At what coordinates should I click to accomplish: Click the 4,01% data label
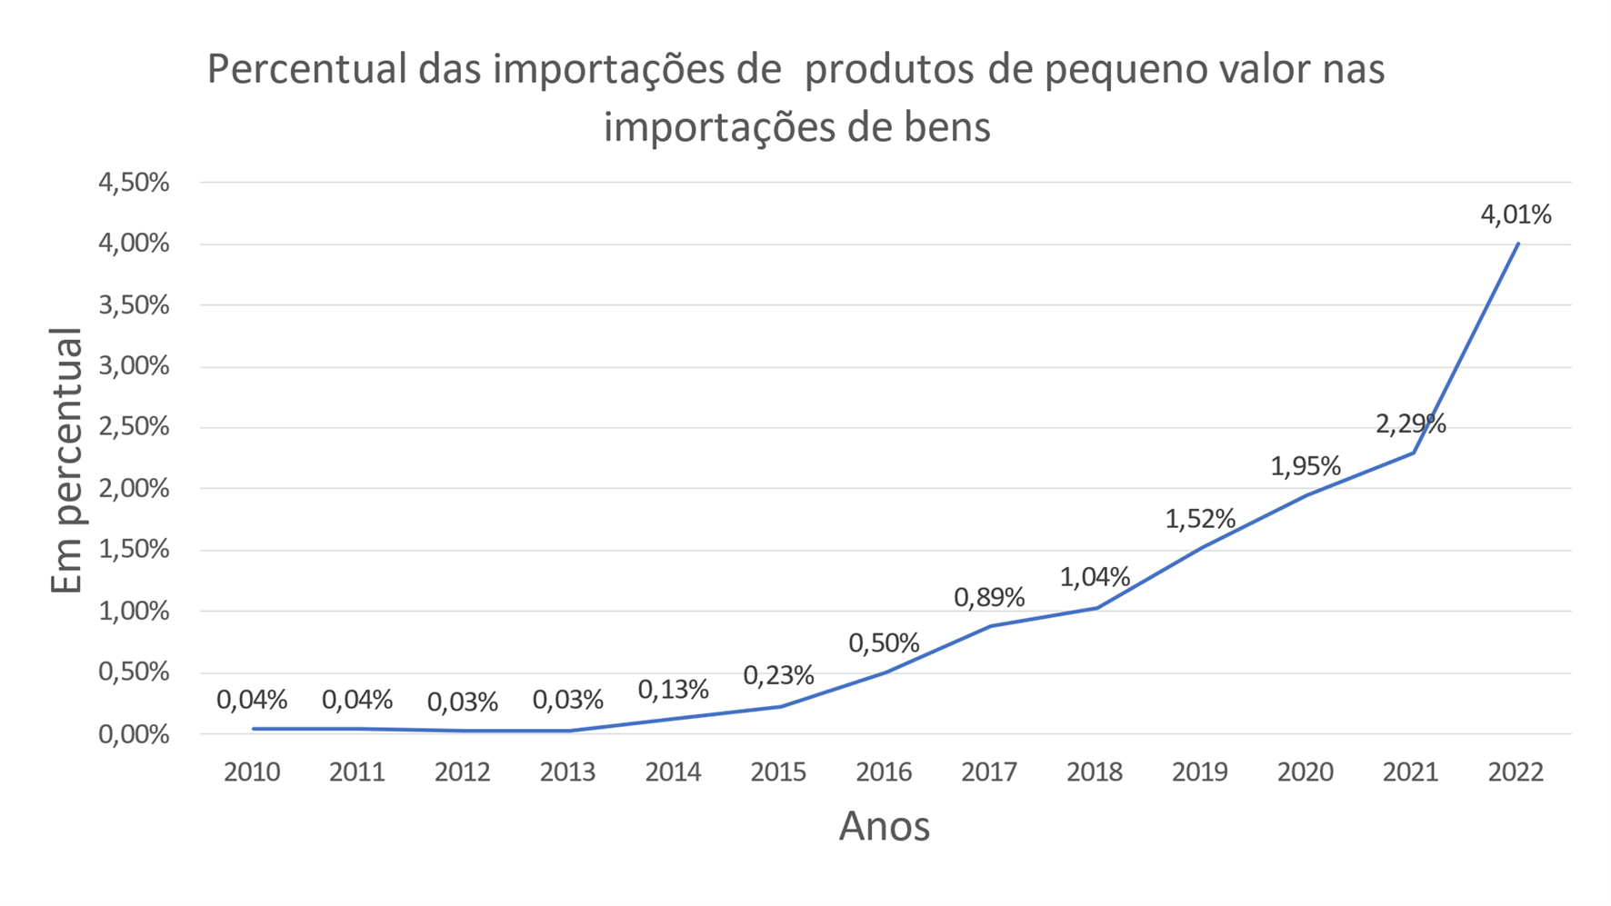click(x=1516, y=214)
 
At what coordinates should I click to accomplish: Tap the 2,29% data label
click(x=1410, y=423)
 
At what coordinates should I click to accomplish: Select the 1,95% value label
click(x=1305, y=466)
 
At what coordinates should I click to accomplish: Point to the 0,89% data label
click(x=988, y=597)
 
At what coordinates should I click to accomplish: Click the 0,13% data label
click(x=673, y=690)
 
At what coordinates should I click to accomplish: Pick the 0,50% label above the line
click(x=883, y=643)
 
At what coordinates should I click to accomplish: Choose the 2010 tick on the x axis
click(x=252, y=772)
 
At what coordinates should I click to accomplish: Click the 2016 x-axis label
click(x=883, y=772)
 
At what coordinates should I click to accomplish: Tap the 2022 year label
click(x=1516, y=772)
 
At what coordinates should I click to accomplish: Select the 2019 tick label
click(x=1199, y=772)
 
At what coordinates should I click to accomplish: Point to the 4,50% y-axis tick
click(x=134, y=183)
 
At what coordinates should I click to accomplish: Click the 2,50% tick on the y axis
click(x=134, y=427)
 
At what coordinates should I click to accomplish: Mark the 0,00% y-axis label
click(x=134, y=734)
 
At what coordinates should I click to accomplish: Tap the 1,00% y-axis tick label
click(x=134, y=612)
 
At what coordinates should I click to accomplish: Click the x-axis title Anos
click(x=884, y=826)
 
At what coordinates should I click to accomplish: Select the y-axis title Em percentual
click(x=65, y=462)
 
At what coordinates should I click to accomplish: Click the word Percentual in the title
click(x=306, y=70)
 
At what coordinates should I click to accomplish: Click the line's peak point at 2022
click(x=1517, y=244)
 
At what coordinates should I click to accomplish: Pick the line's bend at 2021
click(x=1412, y=453)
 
